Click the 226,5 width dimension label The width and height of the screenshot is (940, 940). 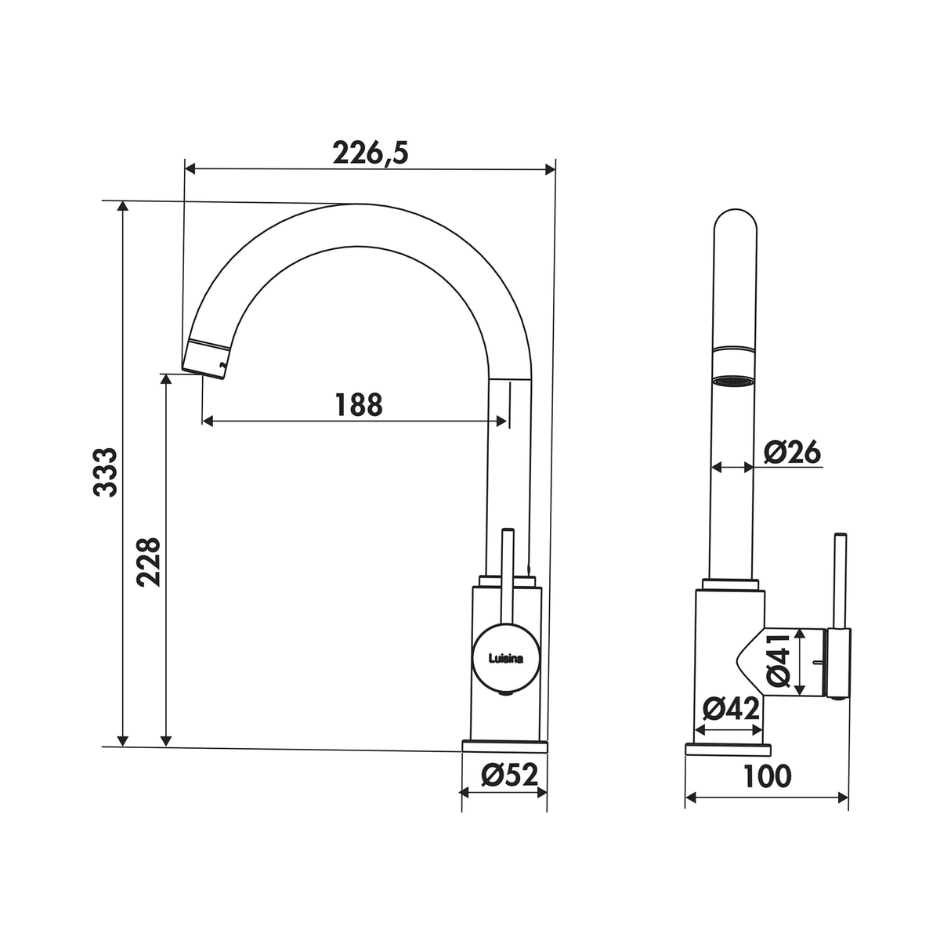371,154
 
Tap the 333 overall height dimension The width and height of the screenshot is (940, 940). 106,472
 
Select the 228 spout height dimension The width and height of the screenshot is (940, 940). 148,562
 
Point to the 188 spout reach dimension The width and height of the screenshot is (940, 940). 359,404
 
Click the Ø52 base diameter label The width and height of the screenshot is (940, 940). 509,774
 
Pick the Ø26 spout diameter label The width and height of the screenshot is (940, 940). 793,452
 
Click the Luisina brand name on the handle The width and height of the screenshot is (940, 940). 506,659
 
